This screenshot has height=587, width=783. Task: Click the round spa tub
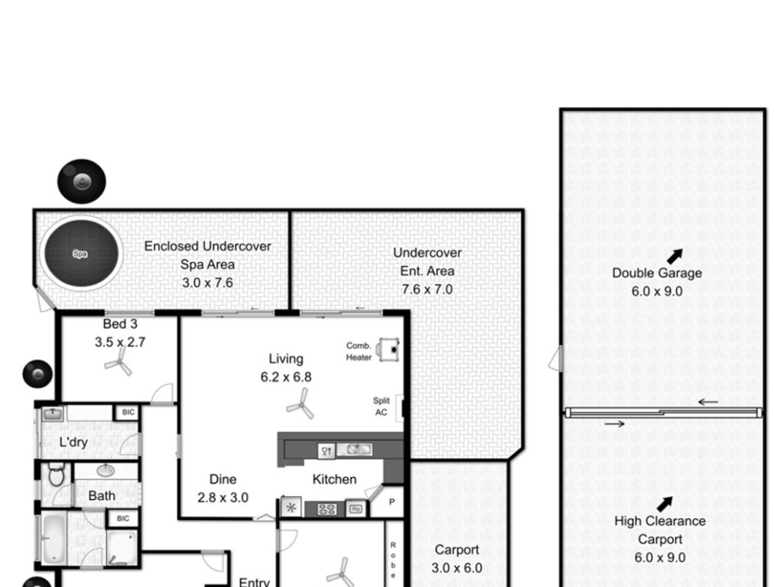click(x=81, y=253)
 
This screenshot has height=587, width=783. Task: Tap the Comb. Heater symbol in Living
click(x=388, y=349)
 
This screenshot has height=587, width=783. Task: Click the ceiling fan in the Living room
click(x=301, y=404)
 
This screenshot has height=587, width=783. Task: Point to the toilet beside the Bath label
click(x=57, y=474)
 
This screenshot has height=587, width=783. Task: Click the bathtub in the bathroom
click(x=54, y=539)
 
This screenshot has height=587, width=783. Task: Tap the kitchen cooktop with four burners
click(x=327, y=510)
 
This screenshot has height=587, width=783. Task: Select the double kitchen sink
click(x=354, y=449)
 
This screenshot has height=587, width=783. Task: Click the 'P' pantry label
click(x=392, y=502)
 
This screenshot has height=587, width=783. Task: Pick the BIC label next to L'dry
click(x=128, y=412)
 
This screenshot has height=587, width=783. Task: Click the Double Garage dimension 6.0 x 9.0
click(x=657, y=291)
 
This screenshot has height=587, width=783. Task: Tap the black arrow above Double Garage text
click(x=674, y=257)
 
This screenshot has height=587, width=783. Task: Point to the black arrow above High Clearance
click(x=664, y=504)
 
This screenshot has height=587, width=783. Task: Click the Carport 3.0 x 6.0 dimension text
click(x=457, y=568)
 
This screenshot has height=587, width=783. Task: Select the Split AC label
click(x=381, y=407)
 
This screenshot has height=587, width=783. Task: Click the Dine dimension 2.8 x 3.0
click(x=223, y=498)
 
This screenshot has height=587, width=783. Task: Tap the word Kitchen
click(x=335, y=480)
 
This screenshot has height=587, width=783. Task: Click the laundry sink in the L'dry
click(x=53, y=414)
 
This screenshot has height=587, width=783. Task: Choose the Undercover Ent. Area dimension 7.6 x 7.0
click(x=427, y=290)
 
